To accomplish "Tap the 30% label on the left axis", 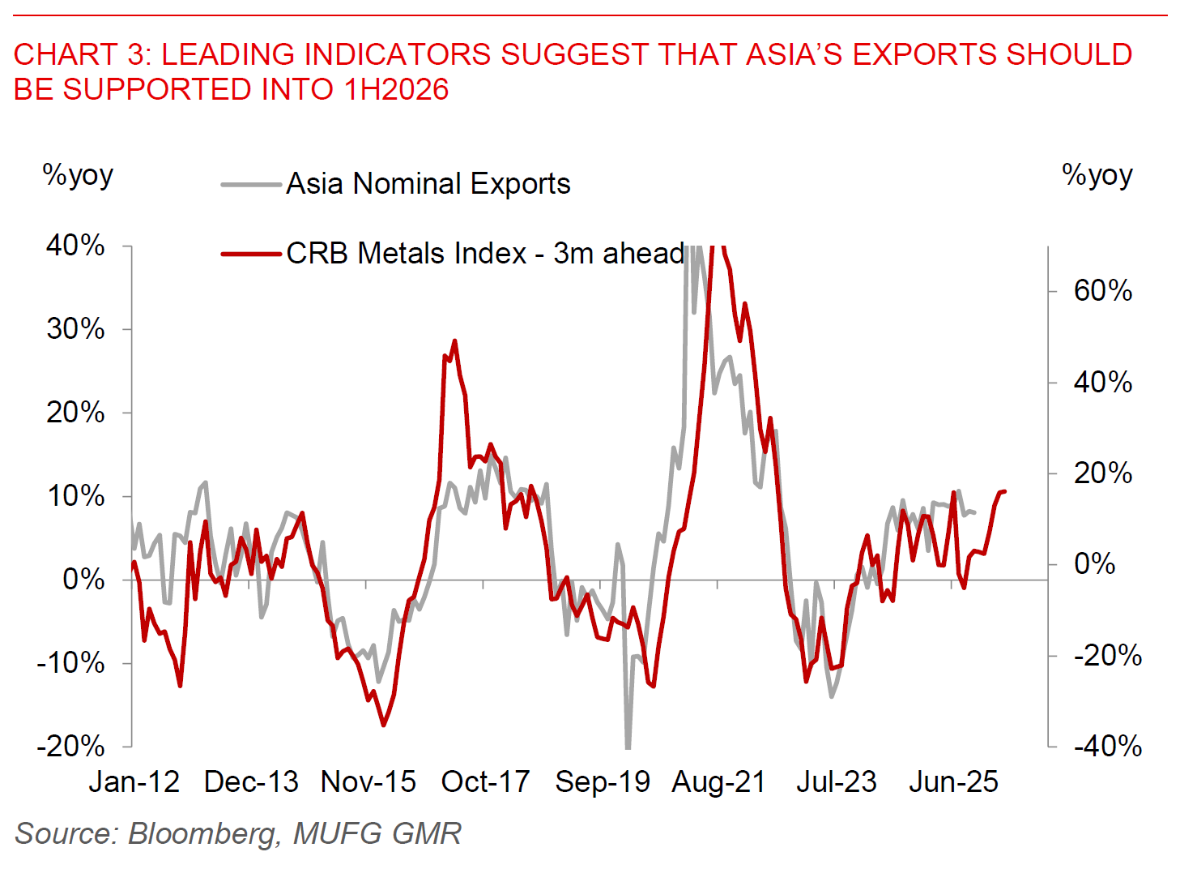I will (x=75, y=328).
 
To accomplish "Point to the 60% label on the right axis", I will (x=1102, y=290).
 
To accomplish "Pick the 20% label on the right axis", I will (x=1102, y=473).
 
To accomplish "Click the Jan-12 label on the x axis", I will (x=134, y=781).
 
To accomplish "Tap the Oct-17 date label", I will (x=484, y=781).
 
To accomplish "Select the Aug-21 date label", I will (x=718, y=781).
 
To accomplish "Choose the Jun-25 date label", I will (x=953, y=781).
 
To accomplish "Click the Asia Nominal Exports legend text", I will (x=428, y=184).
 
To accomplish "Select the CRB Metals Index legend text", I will (x=485, y=254).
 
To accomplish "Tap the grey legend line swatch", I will (x=251, y=185).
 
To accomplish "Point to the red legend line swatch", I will (x=251, y=255).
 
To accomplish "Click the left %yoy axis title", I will (x=78, y=175).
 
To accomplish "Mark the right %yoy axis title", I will (x=1097, y=175).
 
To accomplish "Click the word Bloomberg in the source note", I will (x=202, y=833).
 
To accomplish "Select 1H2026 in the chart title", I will (x=396, y=89).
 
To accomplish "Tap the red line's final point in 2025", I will (x=1004, y=491).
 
